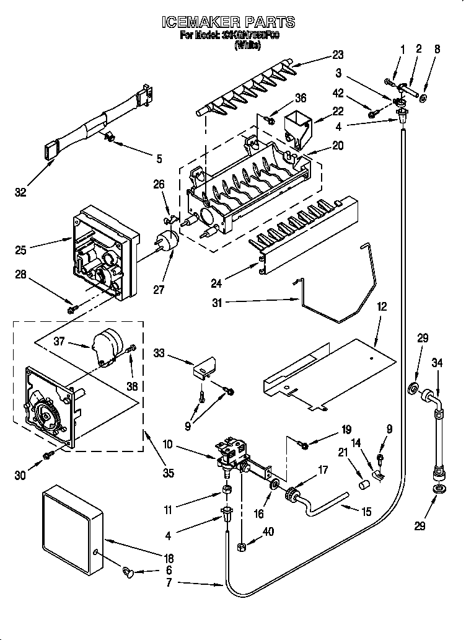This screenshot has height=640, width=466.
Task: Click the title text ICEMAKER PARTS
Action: pyautogui.click(x=228, y=23)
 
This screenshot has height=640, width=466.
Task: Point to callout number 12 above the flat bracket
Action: pyautogui.click(x=382, y=306)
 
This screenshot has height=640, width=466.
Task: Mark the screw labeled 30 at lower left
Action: pyautogui.click(x=46, y=456)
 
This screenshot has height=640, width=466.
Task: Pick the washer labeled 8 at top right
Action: pyautogui.click(x=423, y=98)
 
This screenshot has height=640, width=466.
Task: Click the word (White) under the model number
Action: pyautogui.click(x=247, y=45)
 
